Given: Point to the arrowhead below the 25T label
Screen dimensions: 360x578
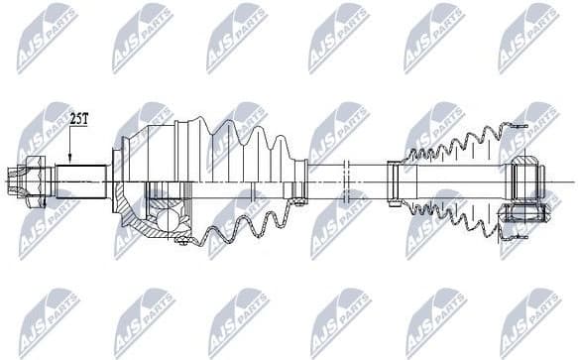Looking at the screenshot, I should [x=70, y=159].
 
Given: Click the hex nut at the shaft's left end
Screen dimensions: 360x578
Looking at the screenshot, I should [x=27, y=181].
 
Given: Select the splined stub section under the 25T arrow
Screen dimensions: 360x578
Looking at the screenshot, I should [x=80, y=181].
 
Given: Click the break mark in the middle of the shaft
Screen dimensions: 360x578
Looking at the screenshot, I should [x=345, y=181].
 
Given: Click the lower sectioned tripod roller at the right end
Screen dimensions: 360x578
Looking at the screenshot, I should [x=521, y=212].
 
